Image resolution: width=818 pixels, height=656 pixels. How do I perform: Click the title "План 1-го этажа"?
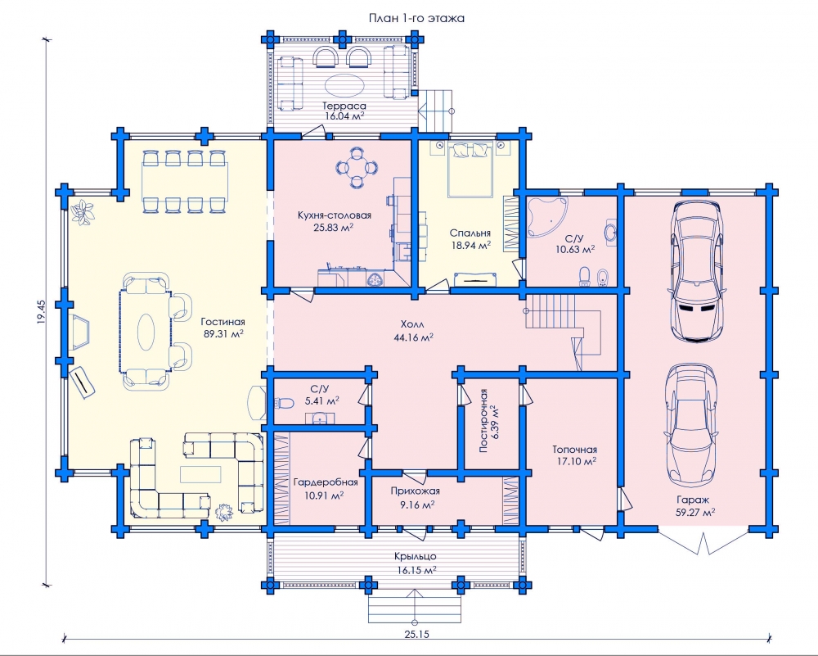[x=417, y=18]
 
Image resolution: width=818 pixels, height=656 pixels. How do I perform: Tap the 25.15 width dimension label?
[x=417, y=635]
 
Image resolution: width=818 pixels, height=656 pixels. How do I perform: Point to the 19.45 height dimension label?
[x=42, y=312]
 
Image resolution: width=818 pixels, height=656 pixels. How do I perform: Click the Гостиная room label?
[x=222, y=322]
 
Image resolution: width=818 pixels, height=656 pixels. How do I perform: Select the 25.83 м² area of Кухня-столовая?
[x=334, y=227]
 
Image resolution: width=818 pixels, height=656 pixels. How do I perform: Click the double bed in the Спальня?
[x=470, y=170]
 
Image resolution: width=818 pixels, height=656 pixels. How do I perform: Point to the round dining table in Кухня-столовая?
[x=357, y=168]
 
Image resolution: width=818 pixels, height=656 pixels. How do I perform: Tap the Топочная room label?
[x=575, y=449]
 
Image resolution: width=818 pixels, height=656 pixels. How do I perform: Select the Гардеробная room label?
[x=326, y=482]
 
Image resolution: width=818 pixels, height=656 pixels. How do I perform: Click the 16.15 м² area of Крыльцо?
[x=416, y=570]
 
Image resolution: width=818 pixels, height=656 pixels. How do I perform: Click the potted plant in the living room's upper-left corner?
[x=83, y=212]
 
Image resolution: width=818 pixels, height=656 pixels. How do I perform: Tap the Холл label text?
[x=412, y=324]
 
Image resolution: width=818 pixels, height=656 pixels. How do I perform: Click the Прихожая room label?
[x=416, y=491]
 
